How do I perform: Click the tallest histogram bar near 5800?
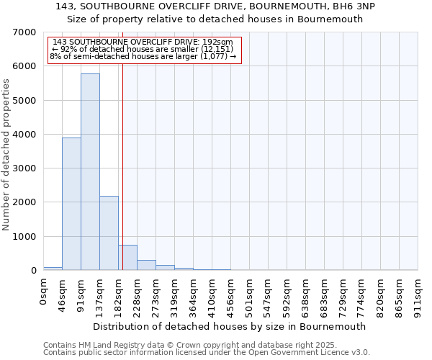pos(90,173)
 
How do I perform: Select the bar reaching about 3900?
pos(71,204)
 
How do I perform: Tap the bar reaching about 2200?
pos(109,233)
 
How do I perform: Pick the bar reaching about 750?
pos(127,258)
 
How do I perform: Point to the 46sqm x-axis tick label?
pos(62,294)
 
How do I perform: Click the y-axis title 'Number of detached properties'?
pos(6,155)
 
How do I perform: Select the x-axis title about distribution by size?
pos(230,326)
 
